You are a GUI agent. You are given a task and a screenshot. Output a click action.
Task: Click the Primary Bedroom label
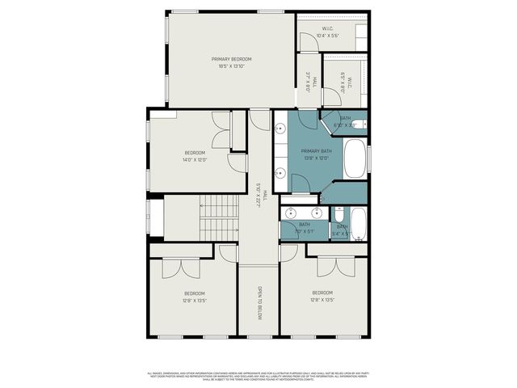(232, 59)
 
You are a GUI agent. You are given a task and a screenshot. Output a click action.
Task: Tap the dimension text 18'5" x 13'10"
(232, 66)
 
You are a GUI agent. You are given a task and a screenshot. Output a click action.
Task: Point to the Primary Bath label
(317, 152)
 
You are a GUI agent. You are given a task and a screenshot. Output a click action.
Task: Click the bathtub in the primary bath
(355, 159)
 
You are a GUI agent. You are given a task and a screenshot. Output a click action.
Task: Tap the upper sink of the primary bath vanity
(280, 129)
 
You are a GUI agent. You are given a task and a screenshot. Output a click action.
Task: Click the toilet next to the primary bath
(362, 124)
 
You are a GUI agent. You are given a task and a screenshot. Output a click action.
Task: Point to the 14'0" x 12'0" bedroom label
(195, 156)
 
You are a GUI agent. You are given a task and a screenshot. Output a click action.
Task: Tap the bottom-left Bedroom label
(195, 296)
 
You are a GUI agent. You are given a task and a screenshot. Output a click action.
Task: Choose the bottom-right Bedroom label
(323, 296)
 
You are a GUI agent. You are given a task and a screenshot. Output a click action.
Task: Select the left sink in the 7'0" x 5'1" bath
(292, 213)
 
